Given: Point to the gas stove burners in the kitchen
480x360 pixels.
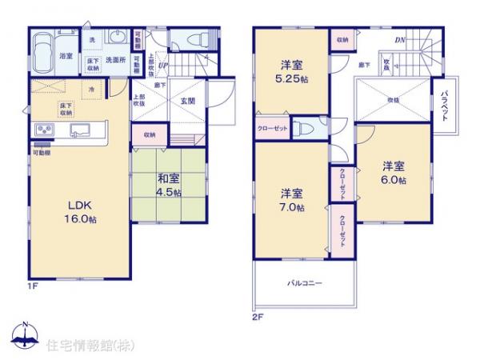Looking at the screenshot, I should tap(42, 130).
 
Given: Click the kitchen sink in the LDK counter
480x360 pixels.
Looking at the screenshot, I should tap(81, 130).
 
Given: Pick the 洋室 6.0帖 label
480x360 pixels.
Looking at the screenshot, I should tap(392, 173).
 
